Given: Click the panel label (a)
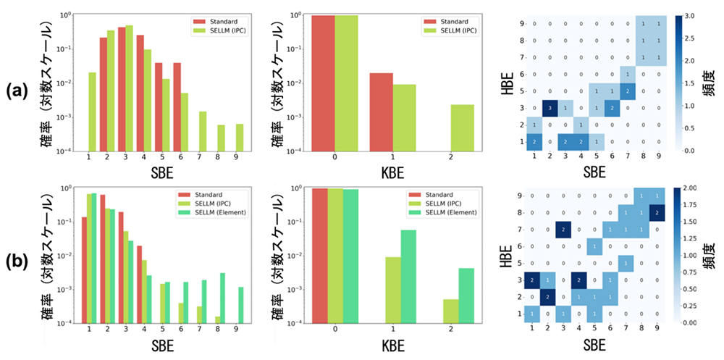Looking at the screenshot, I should point(17,91).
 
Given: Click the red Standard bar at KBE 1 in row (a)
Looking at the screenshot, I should point(379,112).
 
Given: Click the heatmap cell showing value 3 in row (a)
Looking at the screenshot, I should point(549,108).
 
